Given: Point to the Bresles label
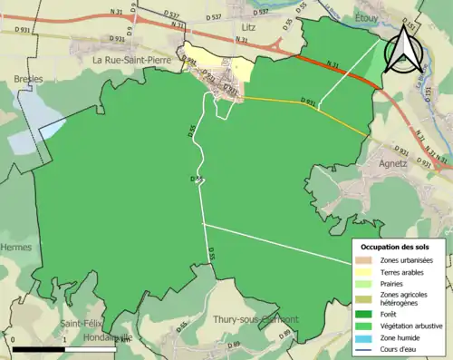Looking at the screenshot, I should pyautogui.click(x=28, y=79).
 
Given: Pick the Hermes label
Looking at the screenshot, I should pyautogui.click(x=17, y=247).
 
